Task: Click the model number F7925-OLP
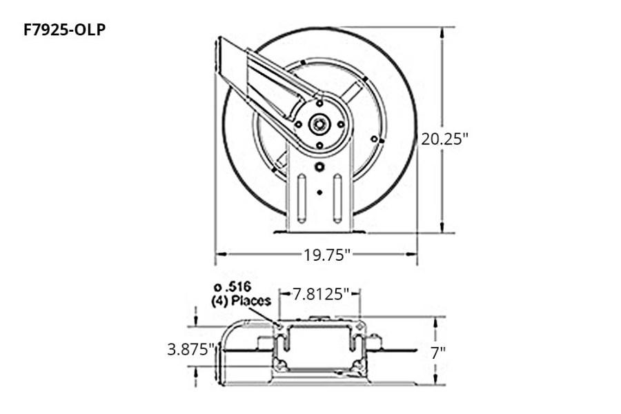pyautogui.click(x=65, y=30)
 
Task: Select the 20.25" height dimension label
pyautogui.click(x=444, y=138)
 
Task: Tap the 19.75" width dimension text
pyautogui.click(x=328, y=255)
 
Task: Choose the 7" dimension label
pyautogui.click(x=438, y=352)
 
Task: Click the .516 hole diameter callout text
pyautogui.click(x=232, y=287)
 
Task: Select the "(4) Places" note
pyautogui.click(x=241, y=301)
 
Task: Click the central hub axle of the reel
pyautogui.click(x=319, y=125)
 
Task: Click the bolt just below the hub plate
pyautogui.click(x=319, y=167)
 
